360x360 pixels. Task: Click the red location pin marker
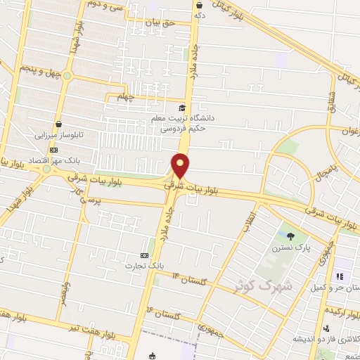pos(181,166)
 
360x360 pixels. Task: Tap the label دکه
pos(200,13)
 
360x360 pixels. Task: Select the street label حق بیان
pos(158,23)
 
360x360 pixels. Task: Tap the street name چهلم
pos(124,97)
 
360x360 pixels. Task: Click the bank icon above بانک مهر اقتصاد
pos(54,150)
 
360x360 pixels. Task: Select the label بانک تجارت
pos(144,266)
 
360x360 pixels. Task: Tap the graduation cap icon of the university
pos(182,108)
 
